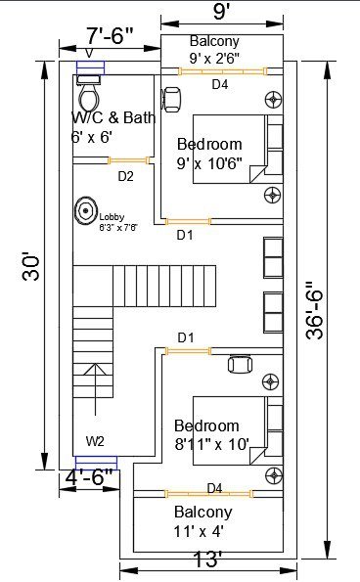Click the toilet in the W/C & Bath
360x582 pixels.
pos(89,92)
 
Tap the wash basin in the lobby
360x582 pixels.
pos(86,210)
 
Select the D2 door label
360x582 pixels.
pos(125,176)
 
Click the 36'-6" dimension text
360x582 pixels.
pos(314,311)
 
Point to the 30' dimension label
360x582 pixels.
pos(31,266)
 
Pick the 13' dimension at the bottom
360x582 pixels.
pos(207,559)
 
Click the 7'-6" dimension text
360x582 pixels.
pos(110,35)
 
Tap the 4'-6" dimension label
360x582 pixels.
pos(89,477)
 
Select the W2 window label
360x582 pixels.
pos(95,441)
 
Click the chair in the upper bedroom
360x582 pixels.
pos(171,100)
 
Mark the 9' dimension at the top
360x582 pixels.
pos(221,12)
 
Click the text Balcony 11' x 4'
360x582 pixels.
pos(203,521)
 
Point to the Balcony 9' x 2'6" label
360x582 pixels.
pos(214,49)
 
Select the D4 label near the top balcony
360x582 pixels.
pos(220,85)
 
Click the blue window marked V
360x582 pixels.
pos(91,67)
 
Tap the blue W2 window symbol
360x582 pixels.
pos(97,463)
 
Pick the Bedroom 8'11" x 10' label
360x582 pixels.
pos(212,434)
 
